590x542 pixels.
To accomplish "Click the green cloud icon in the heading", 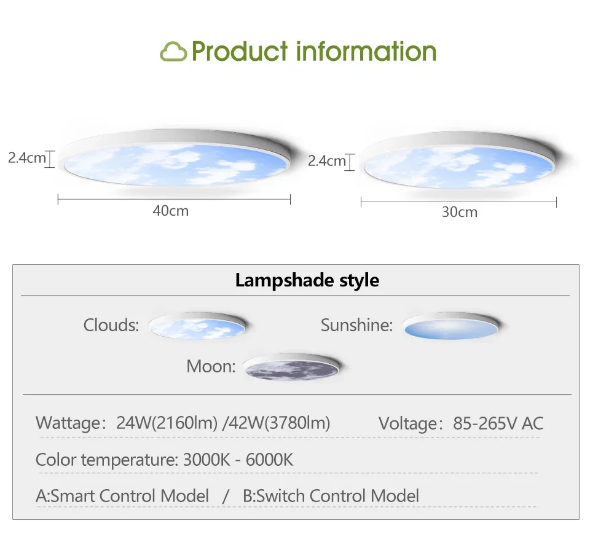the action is [173, 52].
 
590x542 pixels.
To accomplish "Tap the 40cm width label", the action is [170, 211].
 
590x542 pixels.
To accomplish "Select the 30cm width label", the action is [460, 212].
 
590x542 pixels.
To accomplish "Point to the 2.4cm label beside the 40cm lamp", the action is [26, 158].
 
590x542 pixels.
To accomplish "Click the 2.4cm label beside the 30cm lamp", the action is [326, 161].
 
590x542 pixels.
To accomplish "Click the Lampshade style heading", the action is [307, 280].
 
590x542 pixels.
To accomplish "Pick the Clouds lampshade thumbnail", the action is [197, 326].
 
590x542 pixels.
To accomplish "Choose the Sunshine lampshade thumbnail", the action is [450, 326].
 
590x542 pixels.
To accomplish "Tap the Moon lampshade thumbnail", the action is [291, 367].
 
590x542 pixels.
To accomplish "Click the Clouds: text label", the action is [111, 325].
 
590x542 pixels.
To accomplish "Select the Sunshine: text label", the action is [356, 325].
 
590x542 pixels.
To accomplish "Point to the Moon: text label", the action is [211, 366].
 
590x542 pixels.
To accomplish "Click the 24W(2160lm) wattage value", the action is [167, 423].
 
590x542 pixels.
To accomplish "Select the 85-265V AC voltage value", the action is [498, 423].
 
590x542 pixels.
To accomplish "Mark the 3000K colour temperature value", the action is [206, 460].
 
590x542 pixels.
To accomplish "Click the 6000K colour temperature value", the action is [269, 460].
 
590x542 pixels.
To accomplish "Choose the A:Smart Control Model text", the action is [122, 496].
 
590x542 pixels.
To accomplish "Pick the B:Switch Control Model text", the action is [331, 496].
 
